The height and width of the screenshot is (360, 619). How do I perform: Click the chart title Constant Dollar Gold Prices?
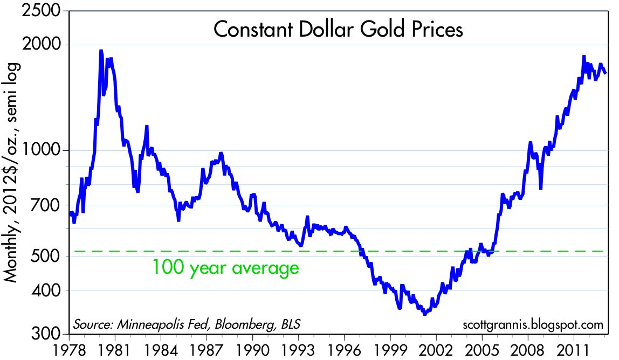point(338,30)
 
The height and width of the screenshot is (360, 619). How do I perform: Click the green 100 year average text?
point(225,267)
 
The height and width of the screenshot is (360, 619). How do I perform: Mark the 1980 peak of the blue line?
point(101,51)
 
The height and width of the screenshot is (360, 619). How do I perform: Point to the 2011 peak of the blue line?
point(584,57)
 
